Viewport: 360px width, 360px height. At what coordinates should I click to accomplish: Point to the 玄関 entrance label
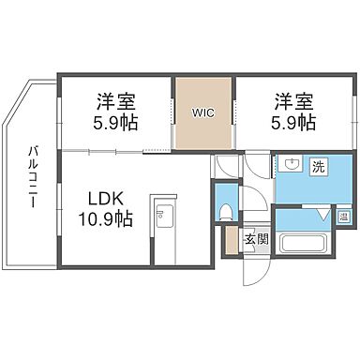point(256,238)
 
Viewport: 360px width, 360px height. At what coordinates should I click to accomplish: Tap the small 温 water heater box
point(343,216)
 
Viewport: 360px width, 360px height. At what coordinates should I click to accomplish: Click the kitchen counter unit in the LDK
point(165,229)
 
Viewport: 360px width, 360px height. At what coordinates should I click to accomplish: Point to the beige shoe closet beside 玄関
point(231,243)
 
